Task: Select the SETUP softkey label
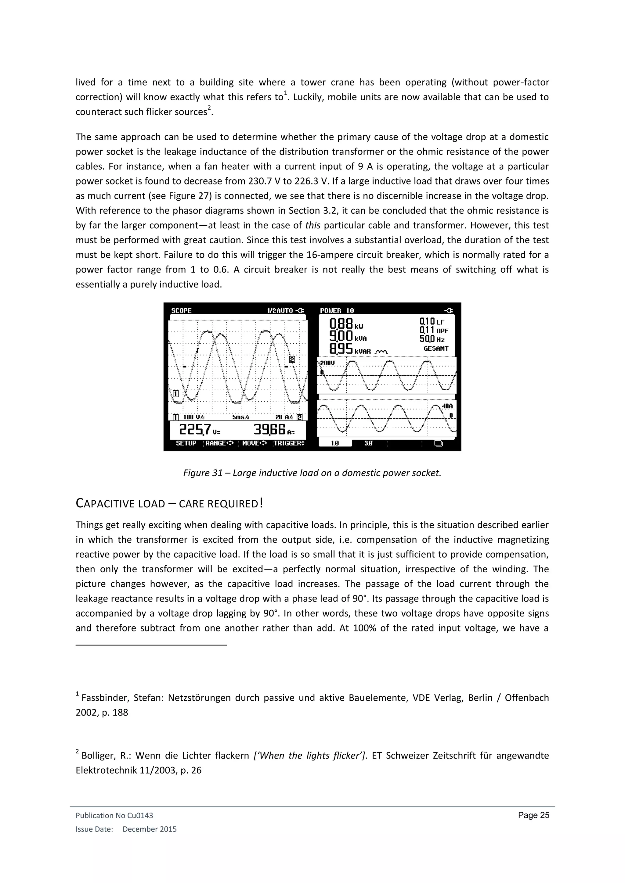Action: (x=186, y=443)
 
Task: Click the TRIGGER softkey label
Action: (x=289, y=443)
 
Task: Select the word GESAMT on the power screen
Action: (x=436, y=349)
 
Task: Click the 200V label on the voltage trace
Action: (x=327, y=363)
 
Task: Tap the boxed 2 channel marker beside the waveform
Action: (x=292, y=359)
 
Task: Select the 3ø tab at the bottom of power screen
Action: (x=368, y=443)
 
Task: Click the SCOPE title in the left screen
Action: (x=181, y=311)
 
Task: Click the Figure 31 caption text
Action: (x=312, y=473)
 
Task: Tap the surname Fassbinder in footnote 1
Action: (x=104, y=698)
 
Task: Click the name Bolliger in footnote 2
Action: (x=98, y=756)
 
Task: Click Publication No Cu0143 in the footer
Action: (x=114, y=815)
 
